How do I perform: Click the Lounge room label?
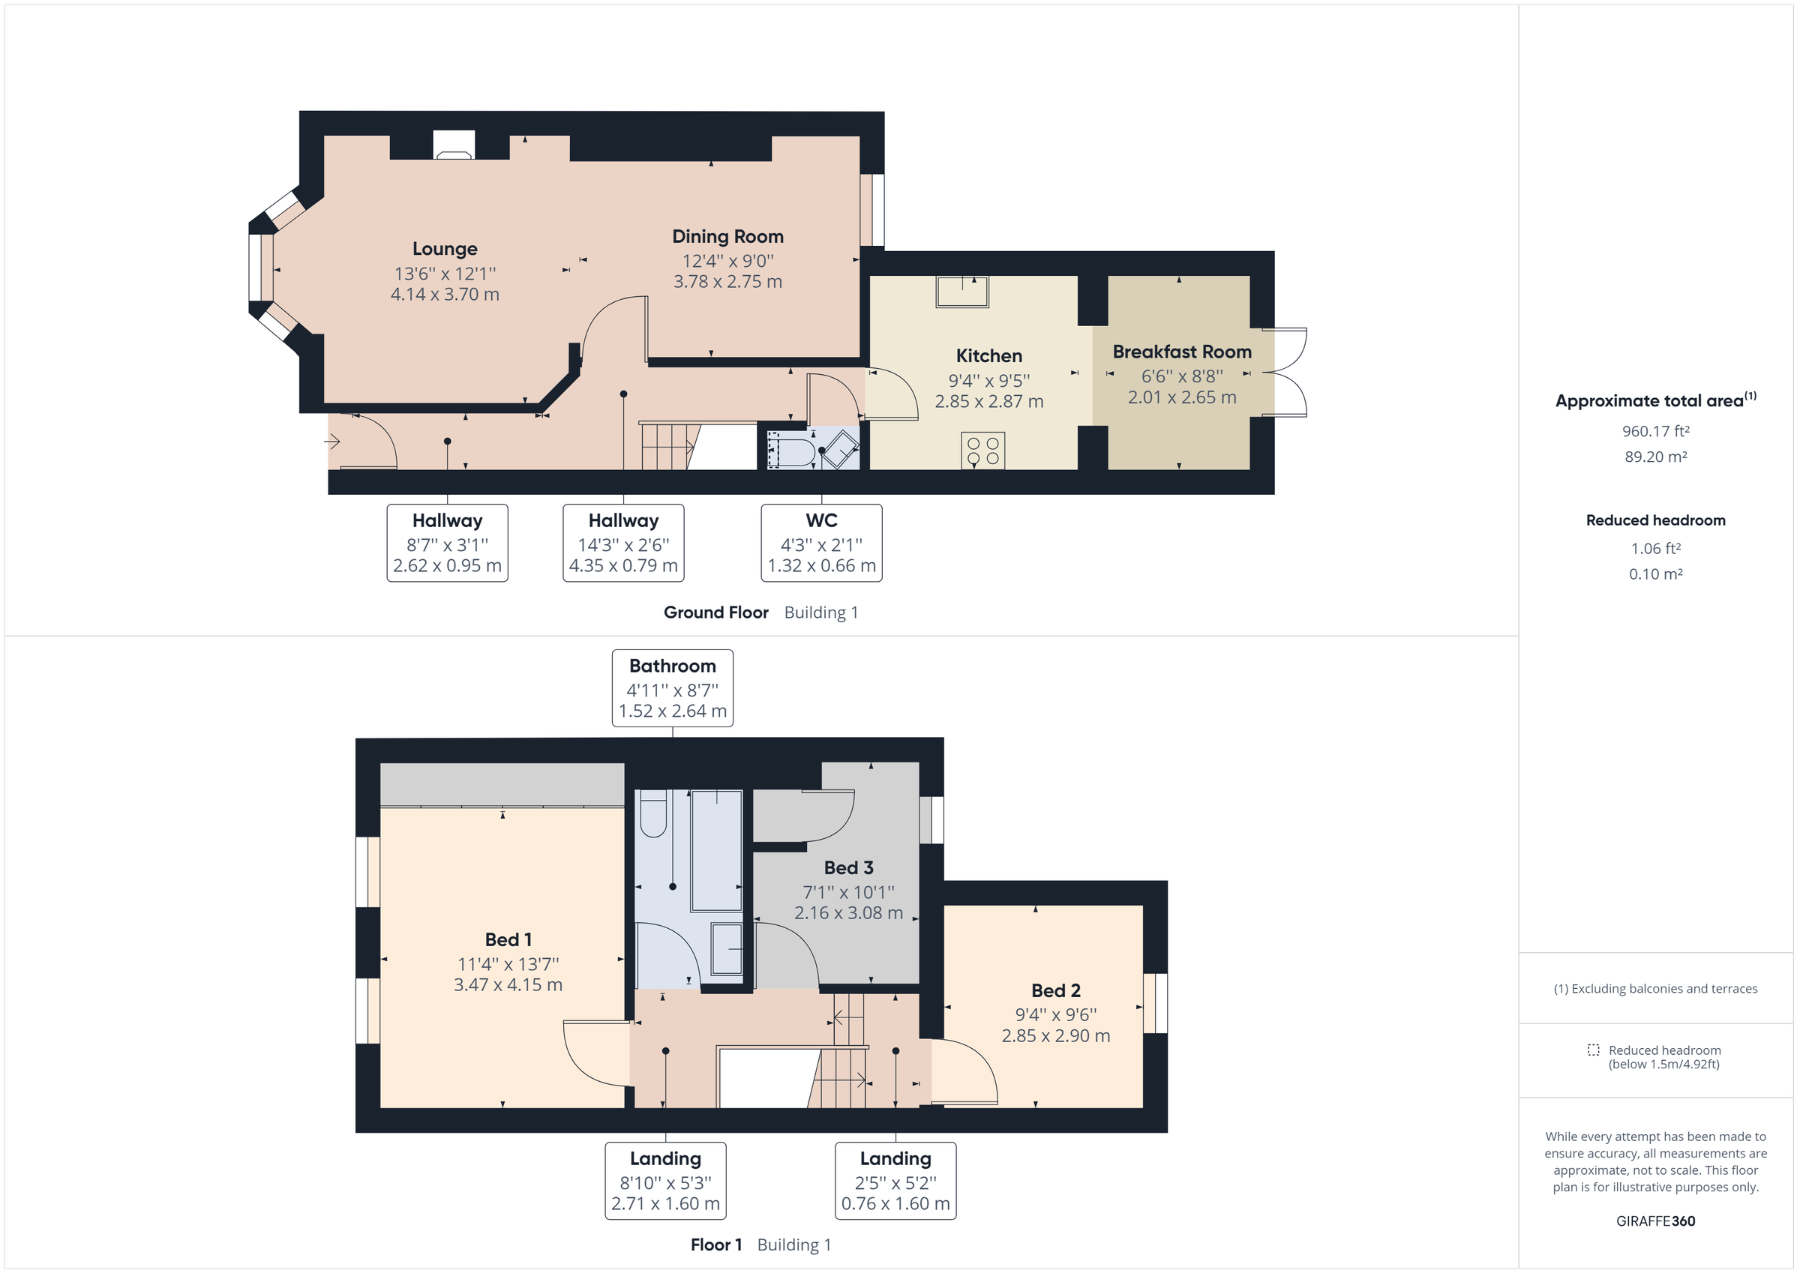[445, 249]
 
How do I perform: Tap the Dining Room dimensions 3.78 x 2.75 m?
[727, 282]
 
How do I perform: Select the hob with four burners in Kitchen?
[982, 451]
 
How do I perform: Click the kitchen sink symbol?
[962, 292]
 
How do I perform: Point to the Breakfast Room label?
[1181, 352]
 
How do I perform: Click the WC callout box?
[820, 543]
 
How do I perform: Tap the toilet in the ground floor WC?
[792, 452]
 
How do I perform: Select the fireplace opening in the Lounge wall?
[454, 145]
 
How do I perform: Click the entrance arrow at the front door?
[332, 442]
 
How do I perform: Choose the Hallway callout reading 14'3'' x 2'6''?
[623, 543]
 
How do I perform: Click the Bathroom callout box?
[672, 687]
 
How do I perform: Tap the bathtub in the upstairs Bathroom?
[716, 849]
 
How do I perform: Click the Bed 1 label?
[508, 939]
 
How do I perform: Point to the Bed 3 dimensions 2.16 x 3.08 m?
[848, 913]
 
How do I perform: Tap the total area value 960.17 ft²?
[1655, 431]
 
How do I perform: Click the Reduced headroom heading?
[1655, 520]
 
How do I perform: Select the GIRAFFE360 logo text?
[1655, 1221]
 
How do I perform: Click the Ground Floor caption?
[715, 613]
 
